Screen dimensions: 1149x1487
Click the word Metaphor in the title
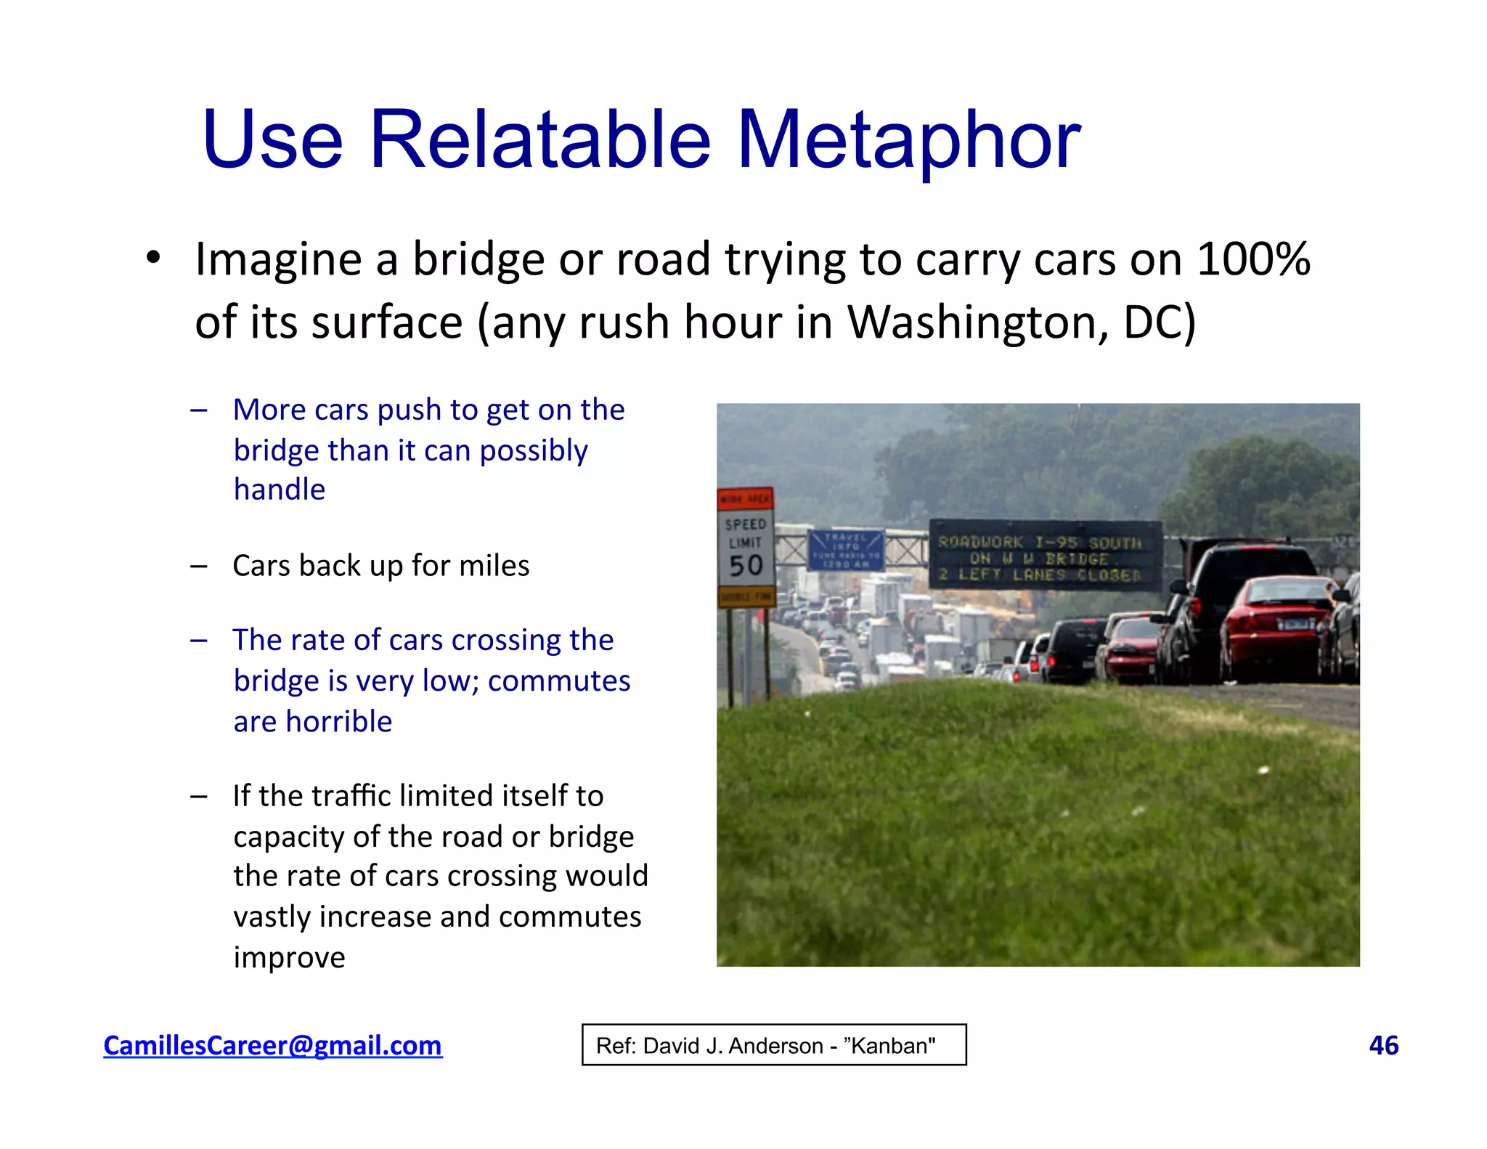coord(908,139)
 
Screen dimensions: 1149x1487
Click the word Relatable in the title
coord(540,139)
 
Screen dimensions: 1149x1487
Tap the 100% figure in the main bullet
coord(1253,259)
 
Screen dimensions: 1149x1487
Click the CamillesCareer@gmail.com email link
coord(272,1045)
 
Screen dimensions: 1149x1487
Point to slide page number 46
coord(1383,1045)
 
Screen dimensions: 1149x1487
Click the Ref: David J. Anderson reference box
coord(774,1045)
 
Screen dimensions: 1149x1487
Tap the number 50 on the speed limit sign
coord(746,566)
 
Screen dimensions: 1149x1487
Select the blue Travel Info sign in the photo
coord(845,551)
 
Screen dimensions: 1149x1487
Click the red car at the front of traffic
coord(1278,625)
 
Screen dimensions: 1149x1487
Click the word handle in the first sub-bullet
coord(280,490)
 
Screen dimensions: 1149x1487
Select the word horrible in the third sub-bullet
coord(338,722)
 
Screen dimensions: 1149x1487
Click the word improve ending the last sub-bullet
coord(289,957)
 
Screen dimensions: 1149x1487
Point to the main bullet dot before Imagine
coord(152,258)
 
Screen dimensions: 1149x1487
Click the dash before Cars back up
coord(199,566)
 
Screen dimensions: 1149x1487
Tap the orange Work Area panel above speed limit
coord(745,499)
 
